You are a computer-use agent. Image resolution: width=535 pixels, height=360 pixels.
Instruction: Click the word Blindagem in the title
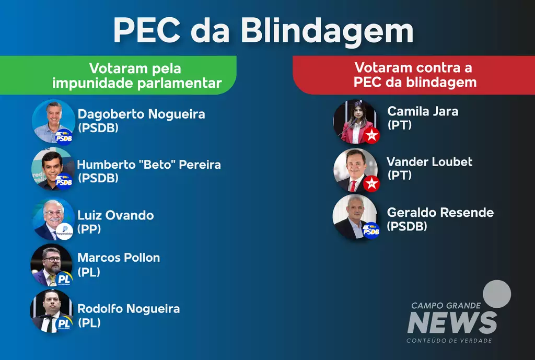(x=327, y=32)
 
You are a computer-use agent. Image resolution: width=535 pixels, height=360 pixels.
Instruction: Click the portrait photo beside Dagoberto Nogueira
(x=54, y=121)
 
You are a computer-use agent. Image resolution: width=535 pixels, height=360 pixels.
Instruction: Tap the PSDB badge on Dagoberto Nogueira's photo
(x=64, y=137)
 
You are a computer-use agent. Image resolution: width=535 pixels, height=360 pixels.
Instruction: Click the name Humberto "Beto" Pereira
(x=149, y=165)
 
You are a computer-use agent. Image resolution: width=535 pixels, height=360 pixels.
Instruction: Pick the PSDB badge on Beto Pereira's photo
(x=64, y=181)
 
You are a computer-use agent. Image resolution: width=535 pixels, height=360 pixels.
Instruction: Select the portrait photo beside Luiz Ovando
(x=54, y=219)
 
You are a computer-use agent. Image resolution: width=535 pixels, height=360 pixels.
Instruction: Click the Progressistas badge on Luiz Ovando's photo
(x=64, y=231)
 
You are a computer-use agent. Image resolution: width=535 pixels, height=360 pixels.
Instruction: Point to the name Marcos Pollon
(x=119, y=258)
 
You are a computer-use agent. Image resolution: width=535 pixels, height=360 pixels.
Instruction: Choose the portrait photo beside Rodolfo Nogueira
(x=52, y=311)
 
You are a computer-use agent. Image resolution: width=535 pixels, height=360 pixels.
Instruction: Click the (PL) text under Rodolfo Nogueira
(x=89, y=323)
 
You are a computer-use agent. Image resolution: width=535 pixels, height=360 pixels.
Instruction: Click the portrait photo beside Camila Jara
(x=355, y=121)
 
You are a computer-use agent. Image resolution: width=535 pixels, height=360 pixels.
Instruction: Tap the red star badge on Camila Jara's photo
(x=371, y=135)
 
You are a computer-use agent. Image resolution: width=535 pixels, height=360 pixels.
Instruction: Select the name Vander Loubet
(x=429, y=162)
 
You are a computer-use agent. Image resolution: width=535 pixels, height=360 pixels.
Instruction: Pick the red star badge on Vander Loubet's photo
(x=371, y=183)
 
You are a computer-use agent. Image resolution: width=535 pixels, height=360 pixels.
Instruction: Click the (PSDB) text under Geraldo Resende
(x=407, y=226)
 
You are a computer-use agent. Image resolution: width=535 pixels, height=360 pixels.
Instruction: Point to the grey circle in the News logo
(x=497, y=294)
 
